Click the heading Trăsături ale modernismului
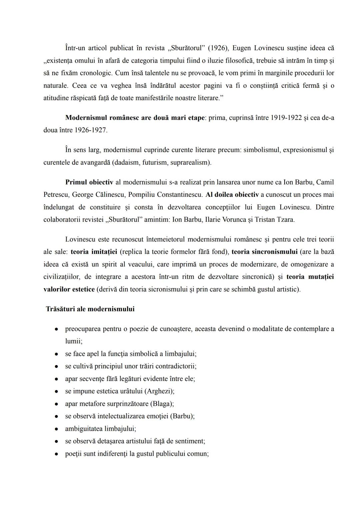pyautogui.click(x=90, y=309)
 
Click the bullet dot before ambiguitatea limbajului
pyautogui.click(x=57, y=429)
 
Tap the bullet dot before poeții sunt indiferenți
pyautogui.click(x=57, y=454)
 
